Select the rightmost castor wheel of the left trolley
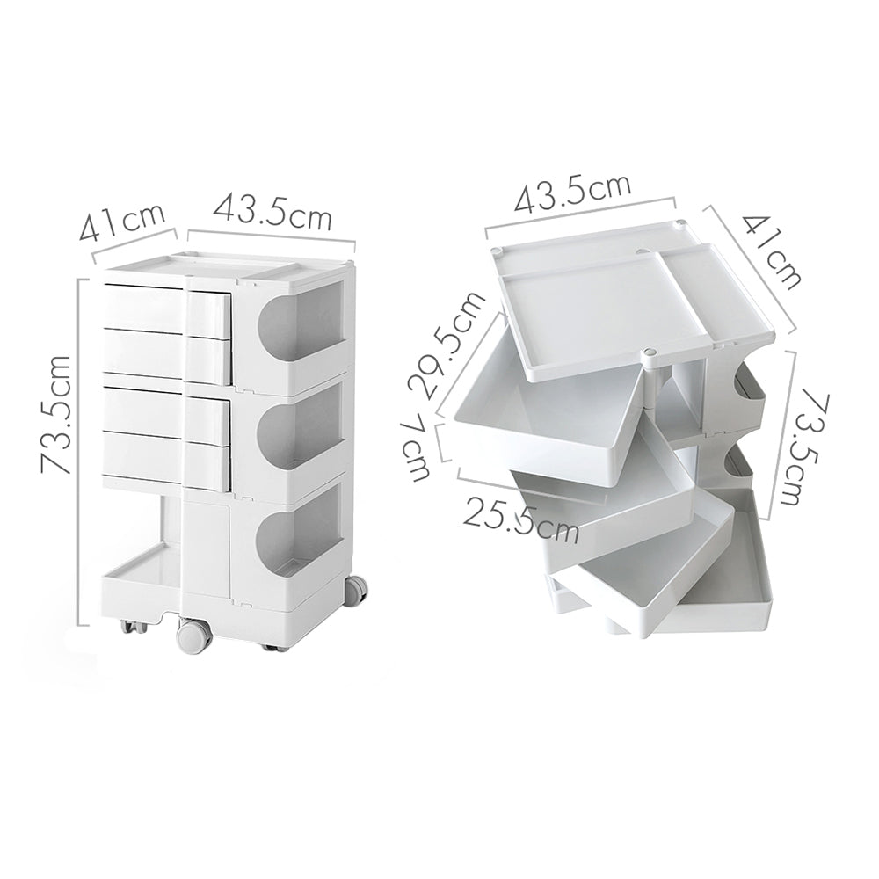pyautogui.click(x=356, y=591)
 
